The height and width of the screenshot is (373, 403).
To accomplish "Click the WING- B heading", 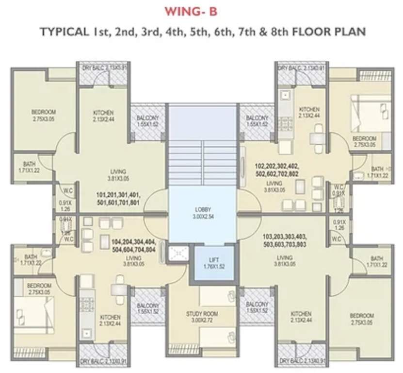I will pyautogui.click(x=202, y=11).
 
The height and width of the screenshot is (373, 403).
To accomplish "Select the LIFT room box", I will pyautogui.click(x=213, y=263).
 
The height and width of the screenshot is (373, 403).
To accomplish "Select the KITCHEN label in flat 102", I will pyautogui.click(x=309, y=112).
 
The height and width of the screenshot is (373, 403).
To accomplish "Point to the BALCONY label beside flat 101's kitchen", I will pyautogui.click(x=147, y=121).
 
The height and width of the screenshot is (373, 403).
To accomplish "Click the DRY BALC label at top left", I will pyautogui.click(x=104, y=68).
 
